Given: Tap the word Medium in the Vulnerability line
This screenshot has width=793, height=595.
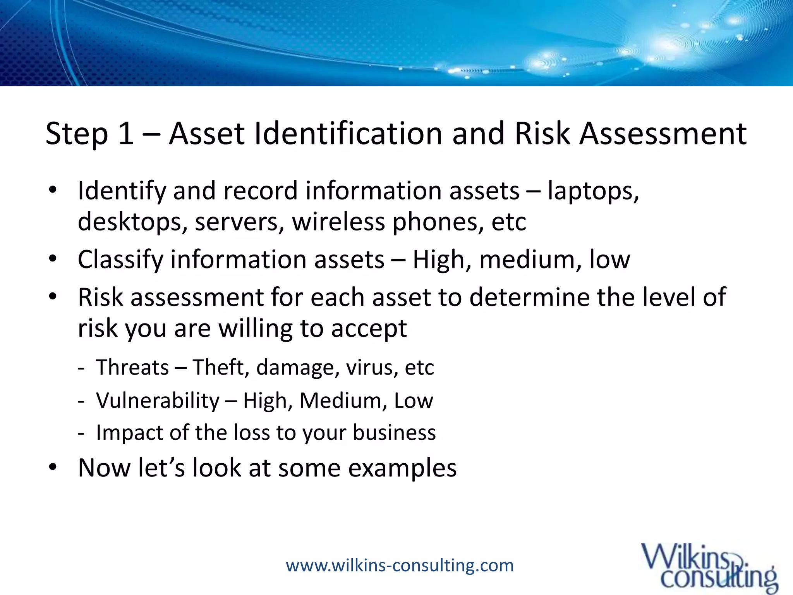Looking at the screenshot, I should tap(343, 401).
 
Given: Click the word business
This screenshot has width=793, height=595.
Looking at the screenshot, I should tap(394, 433).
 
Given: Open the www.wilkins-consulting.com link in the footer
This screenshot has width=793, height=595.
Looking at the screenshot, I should tap(400, 566).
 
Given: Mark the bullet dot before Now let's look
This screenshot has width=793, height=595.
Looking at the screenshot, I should tap(53, 467).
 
